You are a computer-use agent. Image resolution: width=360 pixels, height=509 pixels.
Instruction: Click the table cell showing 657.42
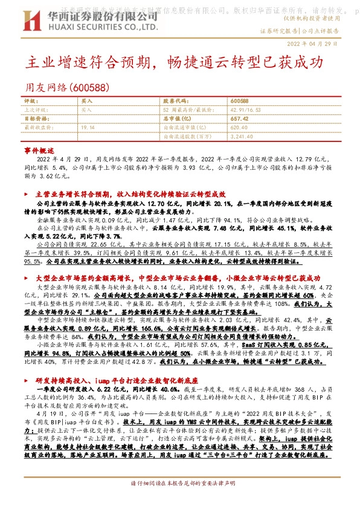coord(239,119)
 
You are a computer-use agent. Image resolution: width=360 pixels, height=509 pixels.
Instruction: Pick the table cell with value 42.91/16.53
coord(244,110)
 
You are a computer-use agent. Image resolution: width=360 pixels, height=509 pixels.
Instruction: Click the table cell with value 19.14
coord(88,128)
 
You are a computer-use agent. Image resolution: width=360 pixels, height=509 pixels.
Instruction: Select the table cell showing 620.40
coord(239,128)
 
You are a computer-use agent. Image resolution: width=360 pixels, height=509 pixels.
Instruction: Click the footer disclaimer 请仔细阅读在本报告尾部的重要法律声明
coord(180,500)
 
